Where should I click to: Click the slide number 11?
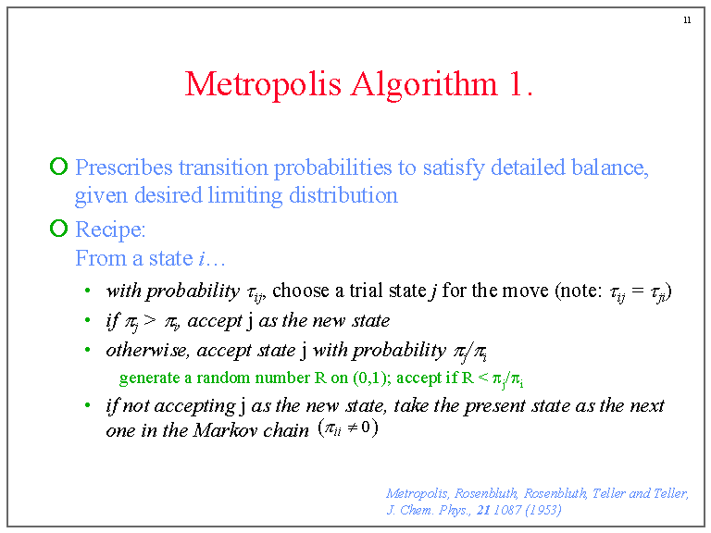tap(686, 20)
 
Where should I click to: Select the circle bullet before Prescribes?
tap(58, 167)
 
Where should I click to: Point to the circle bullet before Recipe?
tap(58, 229)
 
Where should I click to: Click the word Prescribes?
tap(124, 168)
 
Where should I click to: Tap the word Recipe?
tap(110, 229)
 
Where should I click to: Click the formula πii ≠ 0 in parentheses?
tap(347, 428)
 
